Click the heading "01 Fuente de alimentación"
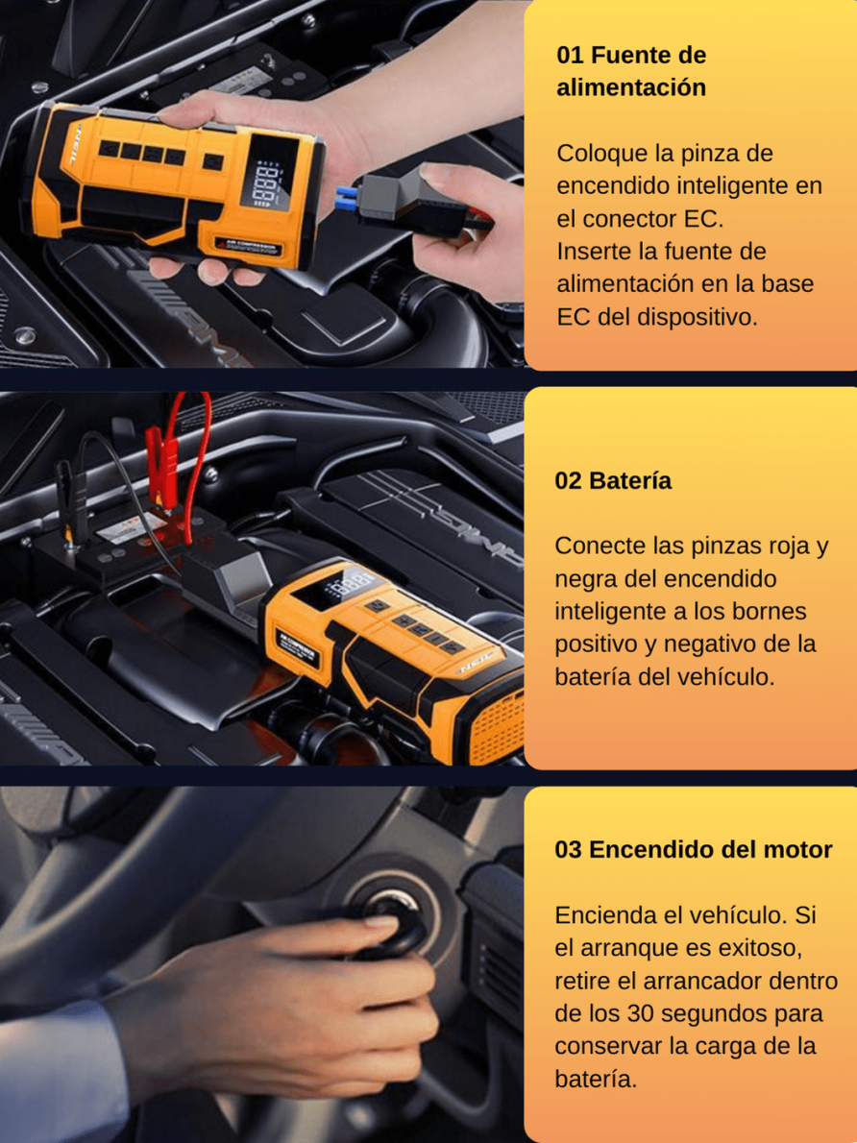point(631,71)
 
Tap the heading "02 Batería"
point(613,481)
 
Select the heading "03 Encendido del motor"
point(694,849)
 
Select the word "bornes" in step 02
point(771,611)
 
